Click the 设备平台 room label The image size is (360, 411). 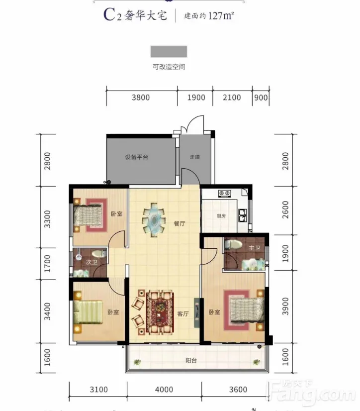point(137,157)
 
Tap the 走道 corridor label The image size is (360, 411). point(195,157)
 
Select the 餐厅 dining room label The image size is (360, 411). point(180,223)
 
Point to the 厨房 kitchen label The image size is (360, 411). point(221,216)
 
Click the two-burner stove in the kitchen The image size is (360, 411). point(225,194)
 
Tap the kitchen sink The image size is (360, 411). point(242,215)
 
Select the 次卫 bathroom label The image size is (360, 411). point(91,262)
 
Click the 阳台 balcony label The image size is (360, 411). point(191,360)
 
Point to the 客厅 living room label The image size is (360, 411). point(183,313)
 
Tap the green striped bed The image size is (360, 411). point(88,312)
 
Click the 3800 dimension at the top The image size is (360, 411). point(141,98)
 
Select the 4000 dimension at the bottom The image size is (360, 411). point(164,390)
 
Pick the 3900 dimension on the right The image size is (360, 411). point(285,306)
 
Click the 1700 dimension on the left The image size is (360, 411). point(47,263)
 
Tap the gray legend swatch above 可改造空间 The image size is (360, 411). point(169,51)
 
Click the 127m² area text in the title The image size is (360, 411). point(221,16)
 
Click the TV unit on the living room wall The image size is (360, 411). point(196,312)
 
